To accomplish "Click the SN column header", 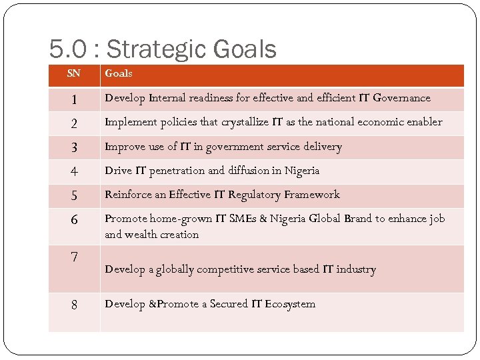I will (74, 73).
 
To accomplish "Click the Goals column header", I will (119, 73).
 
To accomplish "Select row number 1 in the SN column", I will (74, 100).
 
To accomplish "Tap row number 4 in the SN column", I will (74, 171).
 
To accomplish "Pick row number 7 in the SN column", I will (74, 257).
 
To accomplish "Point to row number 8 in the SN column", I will (74, 305).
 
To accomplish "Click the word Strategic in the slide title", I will (157, 49).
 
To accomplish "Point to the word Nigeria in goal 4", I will (302, 171).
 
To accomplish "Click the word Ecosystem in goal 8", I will (290, 304).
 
